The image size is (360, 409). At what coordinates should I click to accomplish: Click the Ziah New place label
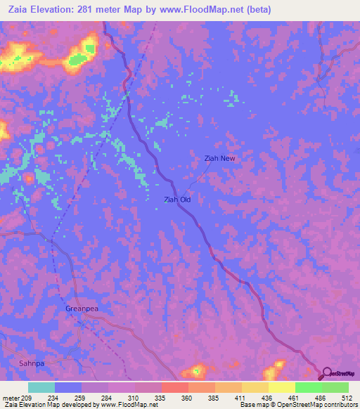coord(219,158)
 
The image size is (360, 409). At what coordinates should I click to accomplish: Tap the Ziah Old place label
coord(177,200)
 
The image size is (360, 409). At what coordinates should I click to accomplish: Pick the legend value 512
coord(347,397)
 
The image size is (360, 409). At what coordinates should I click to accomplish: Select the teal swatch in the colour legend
coord(41,387)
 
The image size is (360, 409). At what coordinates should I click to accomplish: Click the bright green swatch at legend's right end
coord(335,387)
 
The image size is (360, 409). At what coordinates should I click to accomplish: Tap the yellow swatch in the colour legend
coord(281,387)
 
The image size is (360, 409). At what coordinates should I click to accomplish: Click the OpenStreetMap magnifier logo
coord(326,373)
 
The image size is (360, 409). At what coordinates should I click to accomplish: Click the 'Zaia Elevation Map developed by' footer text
coord(42,405)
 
